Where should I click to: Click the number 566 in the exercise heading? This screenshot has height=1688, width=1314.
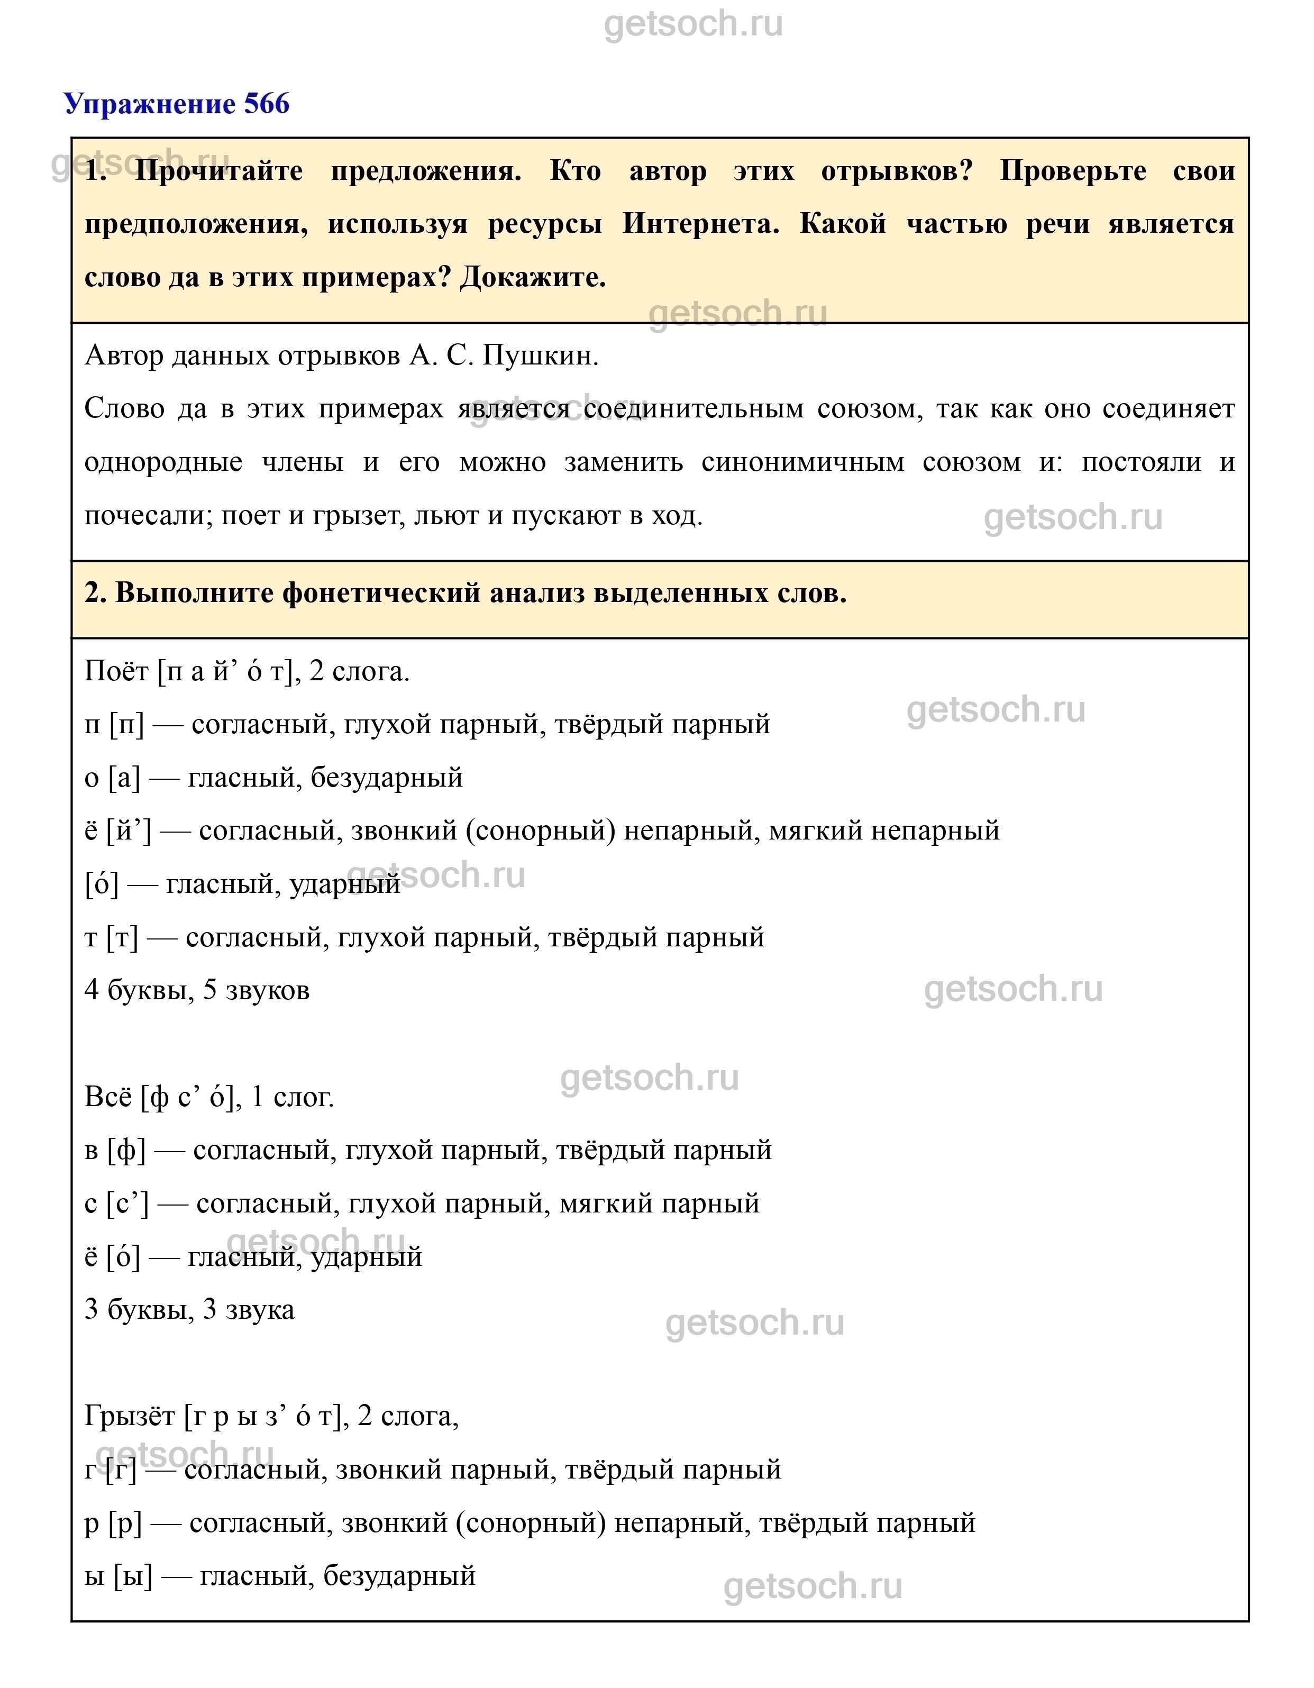267,104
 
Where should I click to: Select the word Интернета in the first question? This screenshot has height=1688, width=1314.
700,224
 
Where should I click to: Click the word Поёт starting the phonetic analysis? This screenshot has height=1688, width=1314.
116,672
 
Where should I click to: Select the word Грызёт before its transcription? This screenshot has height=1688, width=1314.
130,1416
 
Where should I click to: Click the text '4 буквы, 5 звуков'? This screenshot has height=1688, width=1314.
197,990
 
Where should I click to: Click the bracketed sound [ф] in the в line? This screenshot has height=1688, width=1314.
127,1150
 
